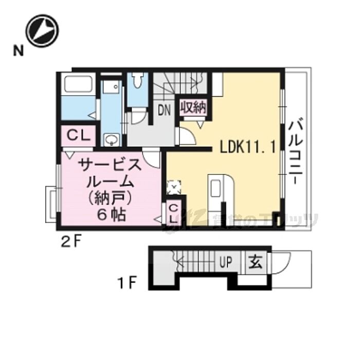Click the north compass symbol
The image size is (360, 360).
pos(43,29)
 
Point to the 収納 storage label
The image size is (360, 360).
pos(193,107)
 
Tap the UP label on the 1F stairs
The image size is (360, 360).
pos(226,263)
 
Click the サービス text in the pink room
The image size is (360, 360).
pos(109,166)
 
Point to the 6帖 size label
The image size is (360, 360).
pos(111,214)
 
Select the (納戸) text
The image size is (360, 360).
pos(111,198)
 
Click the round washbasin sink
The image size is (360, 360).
pos(111,139)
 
